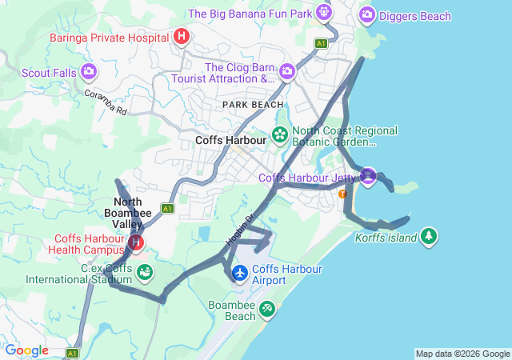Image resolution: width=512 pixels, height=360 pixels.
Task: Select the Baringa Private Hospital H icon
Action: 182,36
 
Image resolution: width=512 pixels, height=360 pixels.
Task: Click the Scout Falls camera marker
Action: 89,72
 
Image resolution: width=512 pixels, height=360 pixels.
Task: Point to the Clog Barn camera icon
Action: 287,73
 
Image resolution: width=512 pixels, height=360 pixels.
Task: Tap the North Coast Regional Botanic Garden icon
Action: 280,134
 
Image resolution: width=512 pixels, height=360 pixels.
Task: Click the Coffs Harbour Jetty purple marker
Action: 367,175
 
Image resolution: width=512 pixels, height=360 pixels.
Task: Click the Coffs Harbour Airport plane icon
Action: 239,274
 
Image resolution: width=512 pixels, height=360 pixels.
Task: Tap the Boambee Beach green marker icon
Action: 266,308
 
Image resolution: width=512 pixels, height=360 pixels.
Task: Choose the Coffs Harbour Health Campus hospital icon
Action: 137,242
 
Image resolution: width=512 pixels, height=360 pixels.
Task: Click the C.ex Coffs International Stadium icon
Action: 145,273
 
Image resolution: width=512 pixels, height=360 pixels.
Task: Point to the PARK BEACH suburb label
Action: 253,105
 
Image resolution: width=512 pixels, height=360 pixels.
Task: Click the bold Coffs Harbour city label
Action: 230,139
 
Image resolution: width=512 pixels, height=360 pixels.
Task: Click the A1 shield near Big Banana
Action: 321,43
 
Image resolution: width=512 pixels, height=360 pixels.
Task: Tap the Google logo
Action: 27,350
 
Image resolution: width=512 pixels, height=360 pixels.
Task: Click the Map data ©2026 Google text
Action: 462,354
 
